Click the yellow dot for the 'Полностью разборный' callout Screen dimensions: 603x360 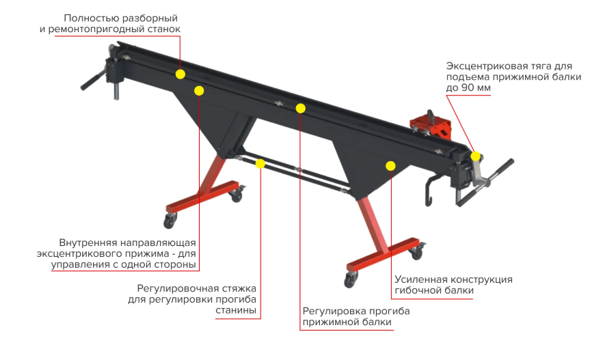[x=180, y=74]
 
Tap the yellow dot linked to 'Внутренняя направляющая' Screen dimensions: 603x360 [x=199, y=91]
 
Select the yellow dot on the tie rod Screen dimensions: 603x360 [x=260, y=164]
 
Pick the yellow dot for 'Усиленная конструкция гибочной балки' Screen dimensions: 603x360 [x=390, y=165]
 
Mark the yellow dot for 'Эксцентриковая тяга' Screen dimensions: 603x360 [x=476, y=156]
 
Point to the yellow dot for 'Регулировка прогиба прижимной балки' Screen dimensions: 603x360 [x=301, y=109]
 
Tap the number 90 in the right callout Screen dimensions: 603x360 [x=467, y=88]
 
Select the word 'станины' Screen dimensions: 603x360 [x=236, y=310]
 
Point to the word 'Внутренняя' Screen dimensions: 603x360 [x=88, y=243]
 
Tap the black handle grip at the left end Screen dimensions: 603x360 [x=91, y=80]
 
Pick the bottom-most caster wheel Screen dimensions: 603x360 [x=350, y=280]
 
